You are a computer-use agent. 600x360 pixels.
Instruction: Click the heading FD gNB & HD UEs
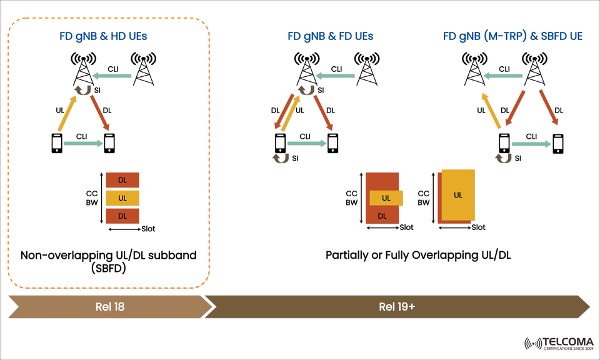tap(108, 36)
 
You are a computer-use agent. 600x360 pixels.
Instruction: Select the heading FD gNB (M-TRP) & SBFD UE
tap(512, 36)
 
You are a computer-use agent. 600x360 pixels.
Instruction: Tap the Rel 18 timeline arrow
tap(109, 306)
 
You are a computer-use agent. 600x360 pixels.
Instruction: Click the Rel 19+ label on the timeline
tap(396, 306)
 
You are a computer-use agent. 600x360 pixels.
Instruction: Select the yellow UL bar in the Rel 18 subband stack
tap(122, 198)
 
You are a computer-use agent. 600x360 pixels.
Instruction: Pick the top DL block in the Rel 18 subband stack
tap(122, 180)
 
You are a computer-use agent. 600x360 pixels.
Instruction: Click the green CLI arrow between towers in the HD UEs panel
tap(113, 76)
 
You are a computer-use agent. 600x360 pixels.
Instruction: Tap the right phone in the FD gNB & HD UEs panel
tap(110, 143)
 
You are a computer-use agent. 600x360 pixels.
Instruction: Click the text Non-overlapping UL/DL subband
tap(108, 255)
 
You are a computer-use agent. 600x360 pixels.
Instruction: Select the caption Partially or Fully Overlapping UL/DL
tap(418, 255)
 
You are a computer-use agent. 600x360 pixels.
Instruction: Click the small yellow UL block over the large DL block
tap(386, 198)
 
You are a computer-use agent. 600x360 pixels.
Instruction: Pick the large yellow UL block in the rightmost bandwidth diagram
tap(459, 195)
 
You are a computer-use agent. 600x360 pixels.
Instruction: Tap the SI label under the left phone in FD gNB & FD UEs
tap(296, 159)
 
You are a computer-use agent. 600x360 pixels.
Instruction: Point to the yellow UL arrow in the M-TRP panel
tap(490, 111)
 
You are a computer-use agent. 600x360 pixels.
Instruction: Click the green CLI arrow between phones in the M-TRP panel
tap(531, 144)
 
